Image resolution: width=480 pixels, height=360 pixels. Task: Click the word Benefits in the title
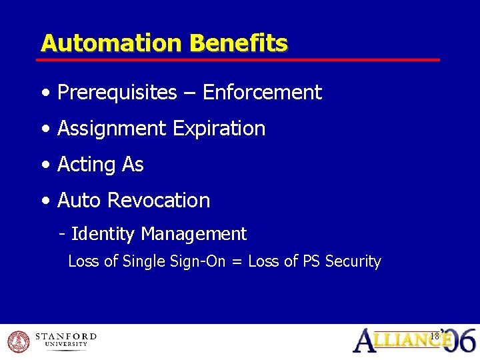pos(238,43)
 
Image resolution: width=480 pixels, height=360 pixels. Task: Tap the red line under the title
pos(240,60)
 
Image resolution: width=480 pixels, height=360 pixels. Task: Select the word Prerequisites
pos(117,93)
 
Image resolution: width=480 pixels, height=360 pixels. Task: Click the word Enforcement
pos(262,93)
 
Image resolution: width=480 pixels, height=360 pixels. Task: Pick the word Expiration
pos(219,129)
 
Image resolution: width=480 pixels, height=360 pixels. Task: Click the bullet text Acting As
pos(101,165)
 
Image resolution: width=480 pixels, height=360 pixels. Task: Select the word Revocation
pos(159,201)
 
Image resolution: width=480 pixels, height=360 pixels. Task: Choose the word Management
pos(194,235)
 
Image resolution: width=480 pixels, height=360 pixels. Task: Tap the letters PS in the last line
pos(311,262)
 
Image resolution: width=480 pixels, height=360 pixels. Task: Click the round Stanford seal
pos(19,341)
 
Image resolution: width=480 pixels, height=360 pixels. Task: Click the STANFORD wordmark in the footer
pos(65,337)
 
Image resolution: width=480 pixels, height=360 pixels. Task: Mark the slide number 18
pos(435,336)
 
